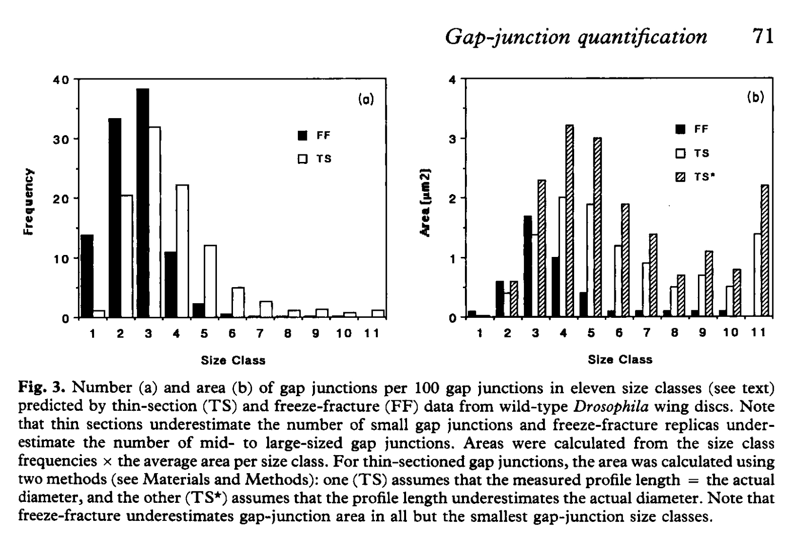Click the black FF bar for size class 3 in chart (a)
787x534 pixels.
142,203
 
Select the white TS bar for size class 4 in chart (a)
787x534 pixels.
182,251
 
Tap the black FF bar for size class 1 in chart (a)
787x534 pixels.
87,276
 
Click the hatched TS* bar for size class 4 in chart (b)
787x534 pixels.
570,221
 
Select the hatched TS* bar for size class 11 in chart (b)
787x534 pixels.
764,251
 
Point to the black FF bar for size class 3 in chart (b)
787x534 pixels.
528,266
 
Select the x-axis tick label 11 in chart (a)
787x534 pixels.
372,334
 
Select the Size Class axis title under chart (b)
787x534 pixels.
620,360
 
